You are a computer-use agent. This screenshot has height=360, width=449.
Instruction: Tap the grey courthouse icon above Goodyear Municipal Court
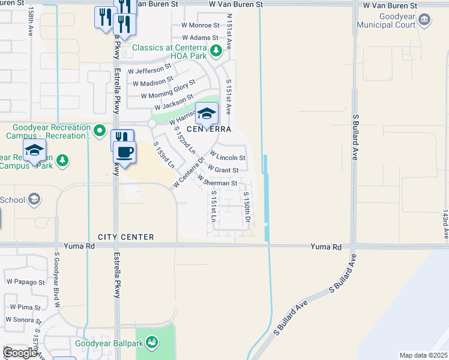tap(424, 20)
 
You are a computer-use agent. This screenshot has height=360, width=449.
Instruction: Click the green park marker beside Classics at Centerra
tap(215, 53)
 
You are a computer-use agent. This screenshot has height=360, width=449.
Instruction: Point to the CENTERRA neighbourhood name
tap(208, 129)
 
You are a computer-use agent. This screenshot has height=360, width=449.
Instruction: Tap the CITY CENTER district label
tap(126, 238)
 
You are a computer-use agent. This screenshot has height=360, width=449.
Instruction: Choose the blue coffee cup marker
tap(125, 152)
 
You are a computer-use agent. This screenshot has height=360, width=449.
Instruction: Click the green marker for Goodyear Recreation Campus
tap(100, 130)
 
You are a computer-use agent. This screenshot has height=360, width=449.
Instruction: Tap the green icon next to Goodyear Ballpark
tap(152, 343)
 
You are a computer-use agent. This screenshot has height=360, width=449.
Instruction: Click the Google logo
tap(20, 352)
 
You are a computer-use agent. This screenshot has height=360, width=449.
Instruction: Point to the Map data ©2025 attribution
tap(423, 355)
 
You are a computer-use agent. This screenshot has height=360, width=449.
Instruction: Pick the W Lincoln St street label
tap(228, 157)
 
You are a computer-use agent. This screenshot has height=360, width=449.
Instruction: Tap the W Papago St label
tap(25, 281)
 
